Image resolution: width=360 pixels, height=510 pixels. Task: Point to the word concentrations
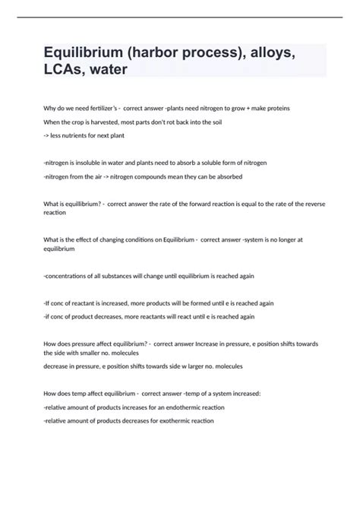click(x=74, y=276)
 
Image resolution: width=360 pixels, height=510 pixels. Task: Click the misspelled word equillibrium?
click(x=80, y=203)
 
